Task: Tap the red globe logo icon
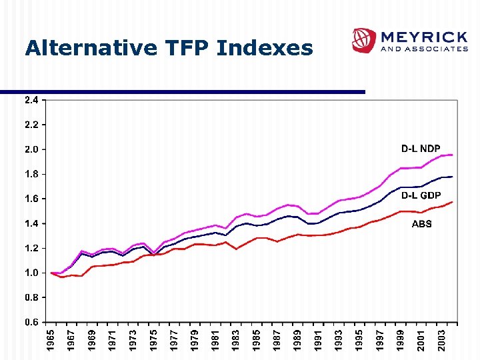364,40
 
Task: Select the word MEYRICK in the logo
423,36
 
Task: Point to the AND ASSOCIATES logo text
423,49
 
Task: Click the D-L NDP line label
420,148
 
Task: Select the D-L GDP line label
420,195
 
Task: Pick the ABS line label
421,224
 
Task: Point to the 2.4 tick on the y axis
31,100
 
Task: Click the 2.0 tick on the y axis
31,149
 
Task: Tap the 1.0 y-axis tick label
31,273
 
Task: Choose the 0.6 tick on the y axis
31,322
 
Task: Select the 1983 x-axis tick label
235,341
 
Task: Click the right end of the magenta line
452,155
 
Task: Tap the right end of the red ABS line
452,202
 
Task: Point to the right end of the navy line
452,177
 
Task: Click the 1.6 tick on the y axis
31,199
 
